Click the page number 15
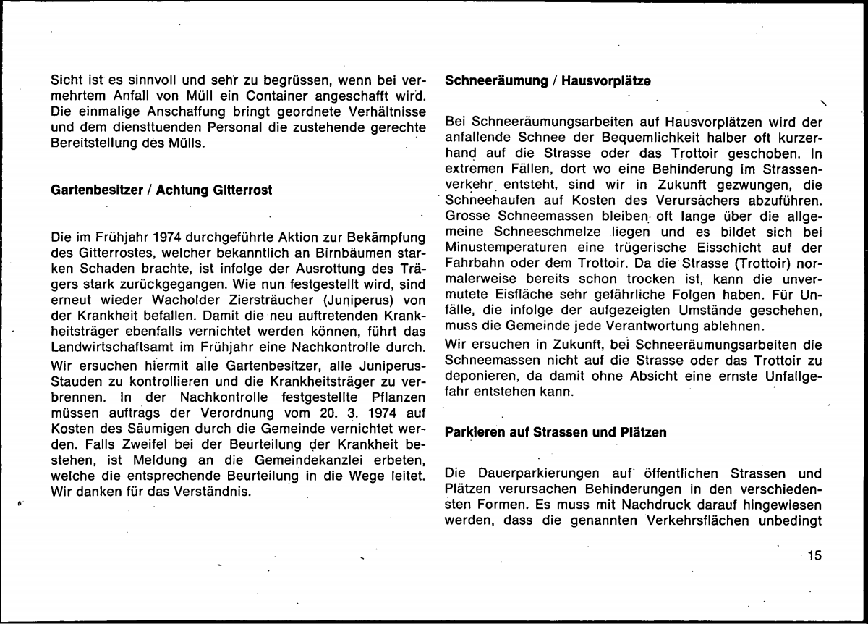pyautogui.click(x=814, y=556)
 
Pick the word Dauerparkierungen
pyautogui.click(x=530, y=475)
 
